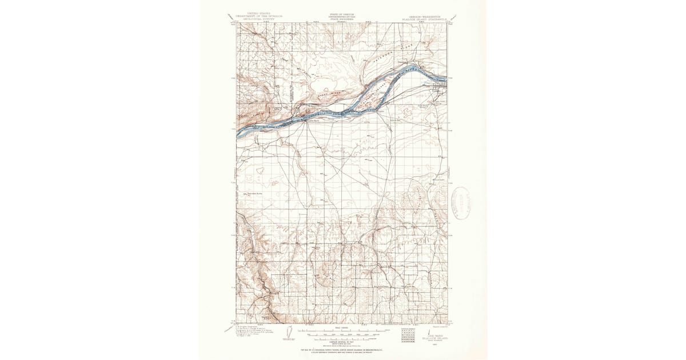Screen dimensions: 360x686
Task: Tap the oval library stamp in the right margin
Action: (462, 202)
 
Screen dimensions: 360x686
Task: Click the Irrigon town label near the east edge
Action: (437, 90)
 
